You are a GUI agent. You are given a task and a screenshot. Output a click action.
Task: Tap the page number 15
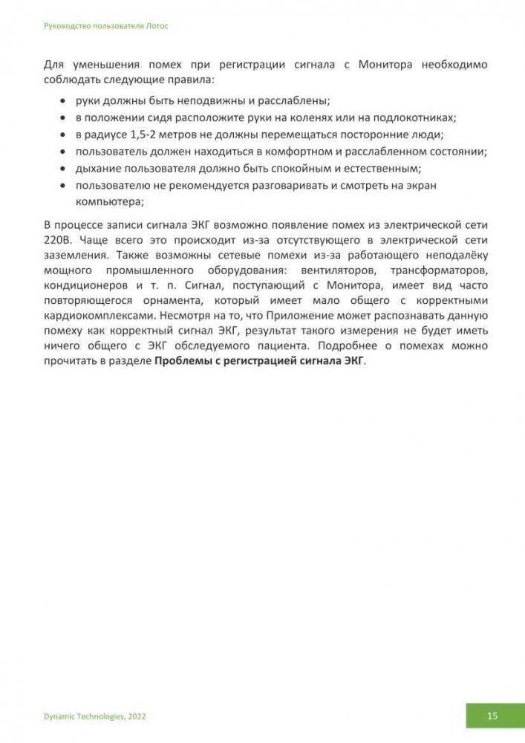click(x=492, y=716)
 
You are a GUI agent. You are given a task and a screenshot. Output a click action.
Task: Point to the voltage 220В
click(x=59, y=241)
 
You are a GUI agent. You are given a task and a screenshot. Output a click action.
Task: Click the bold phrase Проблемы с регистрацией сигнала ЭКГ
click(x=259, y=361)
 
